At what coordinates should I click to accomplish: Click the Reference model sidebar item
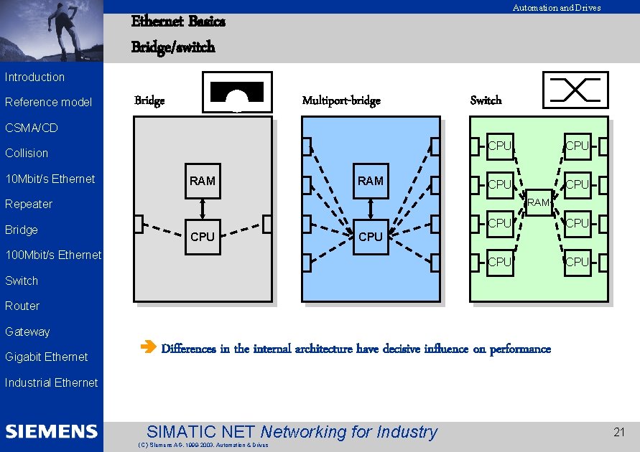(48, 103)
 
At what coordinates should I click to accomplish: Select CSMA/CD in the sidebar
(32, 128)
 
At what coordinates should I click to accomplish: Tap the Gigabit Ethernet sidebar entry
(47, 357)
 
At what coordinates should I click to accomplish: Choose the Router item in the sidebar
(22, 306)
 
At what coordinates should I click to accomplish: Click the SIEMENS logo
(52, 431)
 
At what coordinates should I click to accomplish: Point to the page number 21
(618, 432)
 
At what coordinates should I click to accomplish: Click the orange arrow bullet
(148, 347)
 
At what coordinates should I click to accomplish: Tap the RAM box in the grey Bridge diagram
(203, 181)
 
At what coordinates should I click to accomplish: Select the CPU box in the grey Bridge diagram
(203, 237)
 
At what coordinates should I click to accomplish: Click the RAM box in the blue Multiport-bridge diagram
(371, 181)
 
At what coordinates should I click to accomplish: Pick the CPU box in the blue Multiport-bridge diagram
(371, 237)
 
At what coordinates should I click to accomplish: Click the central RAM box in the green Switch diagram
(539, 202)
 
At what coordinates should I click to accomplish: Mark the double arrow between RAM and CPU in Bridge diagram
(203, 209)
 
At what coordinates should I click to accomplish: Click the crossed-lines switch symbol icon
(575, 90)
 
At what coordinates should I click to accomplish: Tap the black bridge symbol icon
(237, 92)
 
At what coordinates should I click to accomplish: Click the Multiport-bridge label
(341, 100)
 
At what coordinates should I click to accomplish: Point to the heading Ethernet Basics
(178, 22)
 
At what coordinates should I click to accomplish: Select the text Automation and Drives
(557, 8)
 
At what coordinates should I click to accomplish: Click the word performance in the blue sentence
(521, 349)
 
